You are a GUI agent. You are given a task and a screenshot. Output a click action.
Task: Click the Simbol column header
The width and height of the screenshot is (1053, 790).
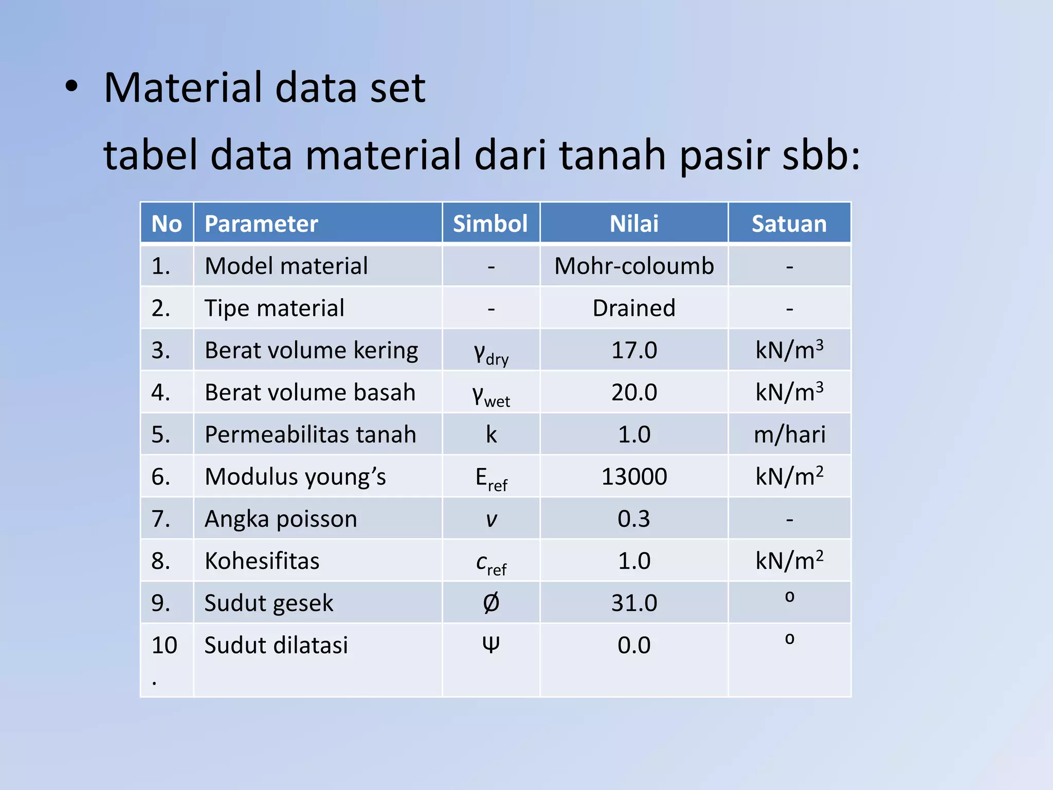pyautogui.click(x=490, y=224)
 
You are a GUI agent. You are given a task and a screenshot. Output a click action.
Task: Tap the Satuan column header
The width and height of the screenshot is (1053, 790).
pyautogui.click(x=789, y=224)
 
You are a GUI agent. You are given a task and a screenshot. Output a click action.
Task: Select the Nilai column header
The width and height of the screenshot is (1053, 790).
pyautogui.click(x=633, y=224)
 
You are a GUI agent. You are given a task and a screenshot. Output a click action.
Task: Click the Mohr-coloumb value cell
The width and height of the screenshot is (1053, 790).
pyautogui.click(x=633, y=266)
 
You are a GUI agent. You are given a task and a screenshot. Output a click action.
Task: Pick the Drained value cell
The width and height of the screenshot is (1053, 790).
pyautogui.click(x=633, y=308)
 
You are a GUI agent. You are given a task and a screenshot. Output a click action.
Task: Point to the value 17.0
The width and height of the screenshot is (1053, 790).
pyautogui.click(x=633, y=350)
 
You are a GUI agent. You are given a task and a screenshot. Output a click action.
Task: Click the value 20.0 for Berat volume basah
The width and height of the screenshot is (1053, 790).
pyautogui.click(x=633, y=392)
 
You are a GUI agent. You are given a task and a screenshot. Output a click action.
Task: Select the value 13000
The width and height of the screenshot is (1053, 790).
pyautogui.click(x=633, y=477)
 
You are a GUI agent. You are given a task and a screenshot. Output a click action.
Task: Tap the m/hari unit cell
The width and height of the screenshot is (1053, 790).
pyautogui.click(x=789, y=435)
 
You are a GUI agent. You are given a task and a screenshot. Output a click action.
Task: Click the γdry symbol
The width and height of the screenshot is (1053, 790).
pyautogui.click(x=491, y=353)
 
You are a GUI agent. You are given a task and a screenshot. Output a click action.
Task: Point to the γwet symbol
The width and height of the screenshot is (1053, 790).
pyautogui.click(x=491, y=396)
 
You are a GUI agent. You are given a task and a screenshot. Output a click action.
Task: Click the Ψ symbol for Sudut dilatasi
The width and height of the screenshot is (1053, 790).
pyautogui.click(x=491, y=644)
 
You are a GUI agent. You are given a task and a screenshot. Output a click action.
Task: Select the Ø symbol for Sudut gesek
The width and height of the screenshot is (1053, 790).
pyautogui.click(x=491, y=603)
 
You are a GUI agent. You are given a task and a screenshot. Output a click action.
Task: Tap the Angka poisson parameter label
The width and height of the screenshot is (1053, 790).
pyautogui.click(x=281, y=519)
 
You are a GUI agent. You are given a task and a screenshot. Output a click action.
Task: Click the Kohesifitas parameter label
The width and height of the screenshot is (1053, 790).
pyautogui.click(x=262, y=561)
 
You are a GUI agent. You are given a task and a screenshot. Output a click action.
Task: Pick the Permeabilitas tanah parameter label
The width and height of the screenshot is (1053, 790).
pyautogui.click(x=310, y=435)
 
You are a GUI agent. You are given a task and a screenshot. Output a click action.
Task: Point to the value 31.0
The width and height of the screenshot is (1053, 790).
pyautogui.click(x=633, y=603)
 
